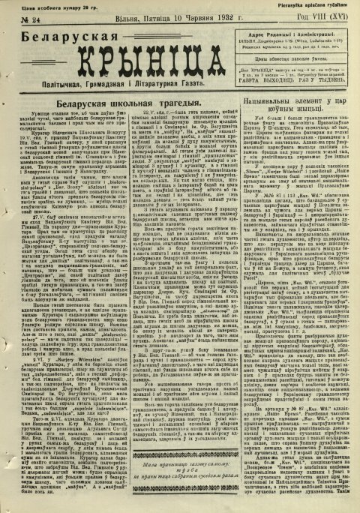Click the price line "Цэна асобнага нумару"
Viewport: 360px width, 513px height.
coord(37,4)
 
